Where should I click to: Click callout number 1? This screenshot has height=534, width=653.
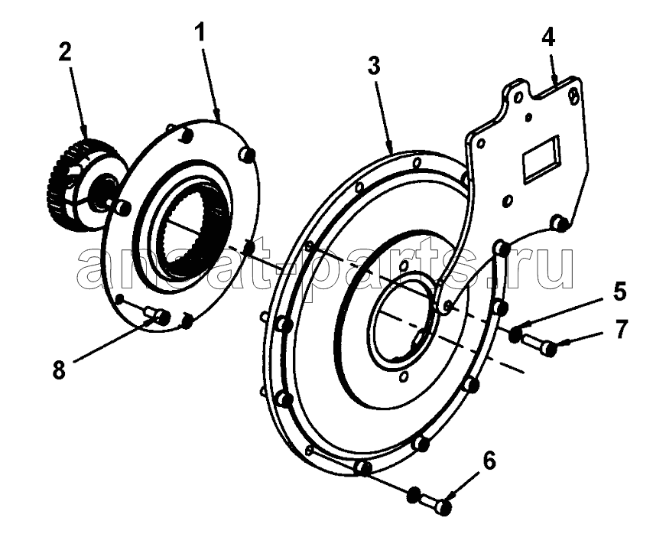pyautogui.click(x=200, y=32)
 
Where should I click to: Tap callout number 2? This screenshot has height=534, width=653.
pyautogui.click(x=65, y=52)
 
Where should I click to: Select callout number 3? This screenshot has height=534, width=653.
pyautogui.click(x=374, y=66)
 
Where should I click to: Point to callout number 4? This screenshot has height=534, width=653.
pyautogui.click(x=548, y=38)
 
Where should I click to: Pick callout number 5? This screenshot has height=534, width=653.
pyautogui.click(x=619, y=291)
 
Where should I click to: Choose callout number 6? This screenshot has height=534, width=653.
pyautogui.click(x=489, y=461)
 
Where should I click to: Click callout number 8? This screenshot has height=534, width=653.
pyautogui.click(x=59, y=370)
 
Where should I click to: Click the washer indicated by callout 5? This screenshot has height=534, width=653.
pyautogui.click(x=515, y=334)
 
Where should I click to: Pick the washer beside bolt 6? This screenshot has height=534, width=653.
pyautogui.click(x=414, y=494)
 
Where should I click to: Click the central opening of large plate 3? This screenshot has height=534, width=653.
pyautogui.click(x=402, y=317)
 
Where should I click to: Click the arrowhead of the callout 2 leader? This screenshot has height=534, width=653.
pyautogui.click(x=86, y=134)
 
